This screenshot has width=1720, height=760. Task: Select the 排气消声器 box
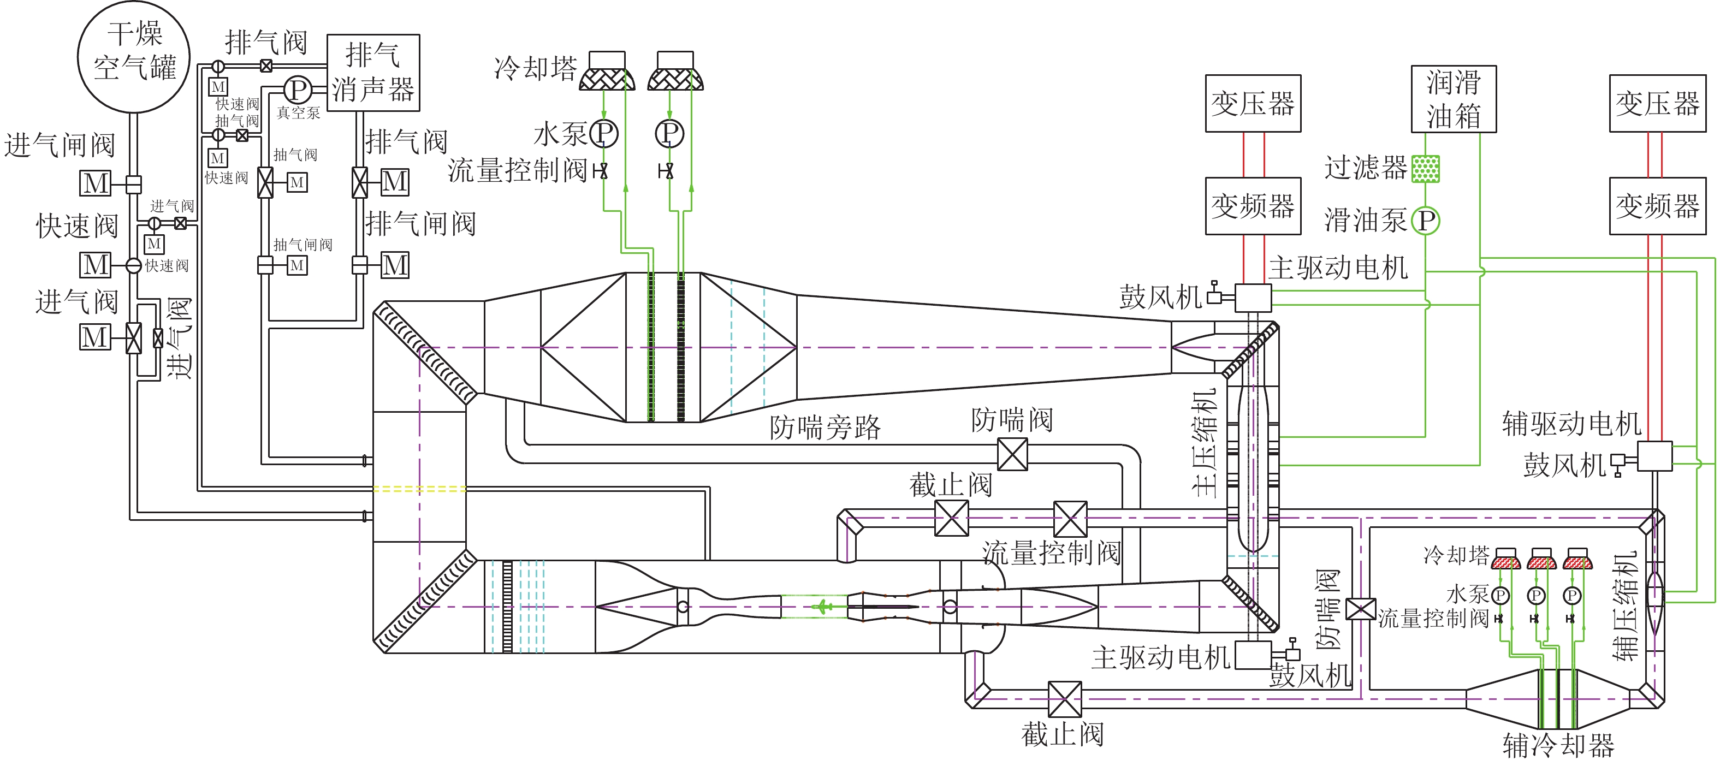coord(372,72)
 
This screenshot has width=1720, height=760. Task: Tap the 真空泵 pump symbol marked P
coord(298,90)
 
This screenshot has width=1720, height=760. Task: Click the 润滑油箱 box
coord(1453,99)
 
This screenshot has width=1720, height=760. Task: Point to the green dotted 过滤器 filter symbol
coord(1425,168)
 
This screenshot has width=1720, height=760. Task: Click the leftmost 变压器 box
coord(1253,104)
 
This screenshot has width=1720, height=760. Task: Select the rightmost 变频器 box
coord(1657,206)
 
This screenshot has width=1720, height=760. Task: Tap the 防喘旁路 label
coord(825,428)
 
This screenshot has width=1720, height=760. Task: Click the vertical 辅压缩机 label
coord(1624,605)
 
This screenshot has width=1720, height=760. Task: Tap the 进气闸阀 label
coord(60,145)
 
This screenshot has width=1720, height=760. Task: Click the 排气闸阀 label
coord(420,223)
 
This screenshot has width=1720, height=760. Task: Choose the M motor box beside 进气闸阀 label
coord(96,183)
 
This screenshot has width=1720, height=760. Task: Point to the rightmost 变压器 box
coord(1657,104)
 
